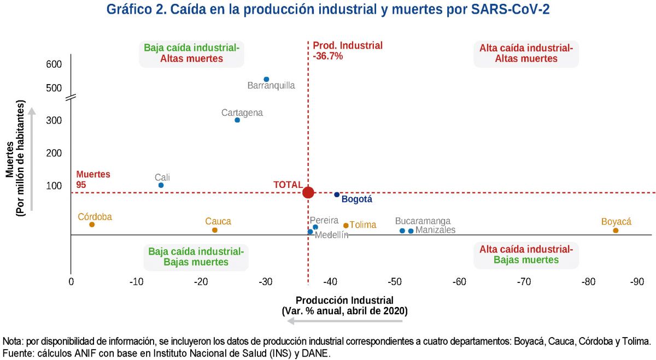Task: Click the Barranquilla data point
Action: (266, 80)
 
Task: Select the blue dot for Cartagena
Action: (237, 120)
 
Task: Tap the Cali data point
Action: (161, 185)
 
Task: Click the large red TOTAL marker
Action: (308, 192)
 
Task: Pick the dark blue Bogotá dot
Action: (337, 194)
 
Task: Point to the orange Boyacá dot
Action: (616, 231)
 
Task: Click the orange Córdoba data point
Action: (92, 225)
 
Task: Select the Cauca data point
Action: (215, 230)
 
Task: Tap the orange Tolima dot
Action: (346, 225)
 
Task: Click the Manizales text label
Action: (435, 231)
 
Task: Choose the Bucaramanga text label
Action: (423, 221)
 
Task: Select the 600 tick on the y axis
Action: (54, 64)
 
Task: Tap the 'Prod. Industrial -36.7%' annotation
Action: (347, 50)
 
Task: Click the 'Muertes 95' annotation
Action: (93, 180)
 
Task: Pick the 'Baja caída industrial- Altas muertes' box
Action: (191, 53)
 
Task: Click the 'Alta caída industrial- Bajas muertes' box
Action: (526, 255)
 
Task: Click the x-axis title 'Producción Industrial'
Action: (344, 300)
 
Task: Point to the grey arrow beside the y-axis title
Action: (32, 158)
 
